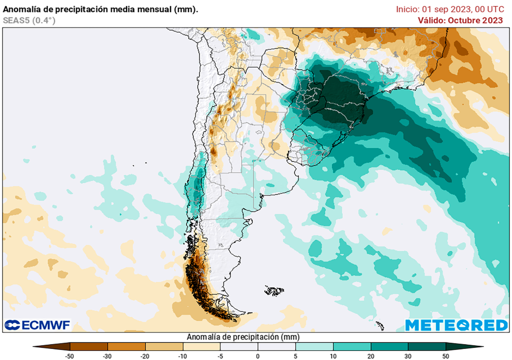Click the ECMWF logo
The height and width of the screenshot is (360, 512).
pyautogui.click(x=37, y=325)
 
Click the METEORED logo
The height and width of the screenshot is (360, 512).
pyautogui.click(x=456, y=325)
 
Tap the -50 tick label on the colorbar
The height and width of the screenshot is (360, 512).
pyautogui.click(x=70, y=355)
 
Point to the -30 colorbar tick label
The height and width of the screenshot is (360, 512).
pyautogui.click(x=107, y=355)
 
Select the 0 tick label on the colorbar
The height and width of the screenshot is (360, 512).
pyautogui.click(x=257, y=355)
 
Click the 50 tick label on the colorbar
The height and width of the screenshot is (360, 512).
pyautogui.click(x=445, y=355)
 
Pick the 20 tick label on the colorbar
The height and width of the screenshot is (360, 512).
pyautogui.click(x=370, y=355)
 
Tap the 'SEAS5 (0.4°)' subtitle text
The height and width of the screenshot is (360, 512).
pyautogui.click(x=29, y=20)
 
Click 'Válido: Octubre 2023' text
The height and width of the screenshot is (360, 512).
pyautogui.click(x=460, y=20)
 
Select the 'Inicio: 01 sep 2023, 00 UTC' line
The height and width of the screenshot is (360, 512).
pyautogui.click(x=449, y=9)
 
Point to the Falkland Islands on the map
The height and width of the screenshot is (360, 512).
pyautogui.click(x=274, y=290)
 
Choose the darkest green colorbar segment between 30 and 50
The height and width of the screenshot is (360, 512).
pyautogui.click(x=426, y=346)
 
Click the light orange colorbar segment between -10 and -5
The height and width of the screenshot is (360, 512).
pyautogui.click(x=201, y=346)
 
